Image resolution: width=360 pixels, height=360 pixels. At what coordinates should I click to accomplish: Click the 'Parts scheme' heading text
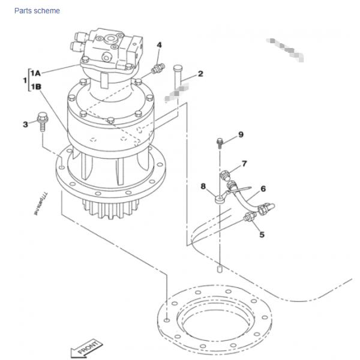click(37, 11)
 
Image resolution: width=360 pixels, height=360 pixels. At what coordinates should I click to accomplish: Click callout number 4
click(159, 45)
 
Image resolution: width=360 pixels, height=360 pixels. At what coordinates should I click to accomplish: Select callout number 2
click(200, 74)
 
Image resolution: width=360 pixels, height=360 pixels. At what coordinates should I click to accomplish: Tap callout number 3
click(25, 124)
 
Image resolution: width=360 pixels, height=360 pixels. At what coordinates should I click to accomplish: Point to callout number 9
click(241, 134)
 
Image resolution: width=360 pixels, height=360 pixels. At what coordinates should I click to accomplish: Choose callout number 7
click(244, 163)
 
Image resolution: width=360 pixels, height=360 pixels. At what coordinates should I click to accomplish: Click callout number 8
click(203, 186)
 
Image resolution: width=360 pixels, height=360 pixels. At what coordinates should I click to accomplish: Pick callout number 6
click(263, 188)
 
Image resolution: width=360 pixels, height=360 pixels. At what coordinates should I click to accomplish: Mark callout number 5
click(262, 235)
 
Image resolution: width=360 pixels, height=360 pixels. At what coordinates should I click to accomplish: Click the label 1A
click(35, 73)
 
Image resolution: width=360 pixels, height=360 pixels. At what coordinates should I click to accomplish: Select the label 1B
click(35, 87)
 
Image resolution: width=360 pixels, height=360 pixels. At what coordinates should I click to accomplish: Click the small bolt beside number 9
click(220, 143)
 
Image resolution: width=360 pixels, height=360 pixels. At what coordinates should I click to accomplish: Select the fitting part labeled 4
click(158, 69)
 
